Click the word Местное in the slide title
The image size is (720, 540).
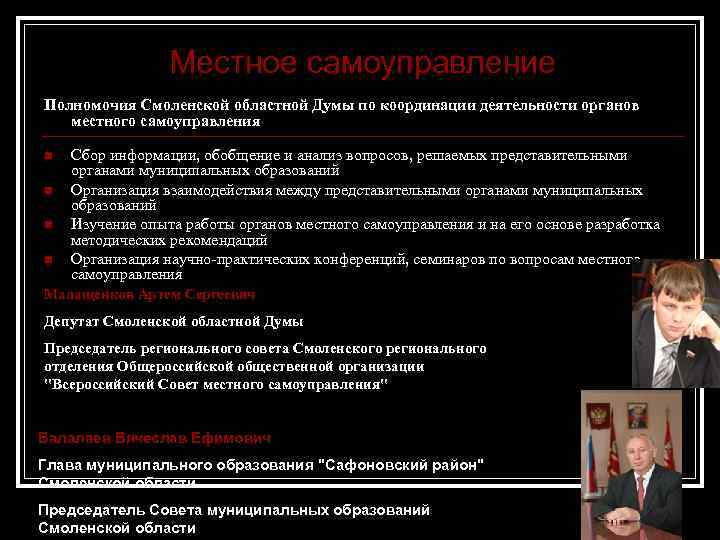click(234, 63)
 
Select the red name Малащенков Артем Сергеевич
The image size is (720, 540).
click(149, 294)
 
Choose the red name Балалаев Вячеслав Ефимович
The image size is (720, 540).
click(154, 438)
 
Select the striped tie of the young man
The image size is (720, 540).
click(666, 364)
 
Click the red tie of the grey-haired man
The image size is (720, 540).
click(641, 491)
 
